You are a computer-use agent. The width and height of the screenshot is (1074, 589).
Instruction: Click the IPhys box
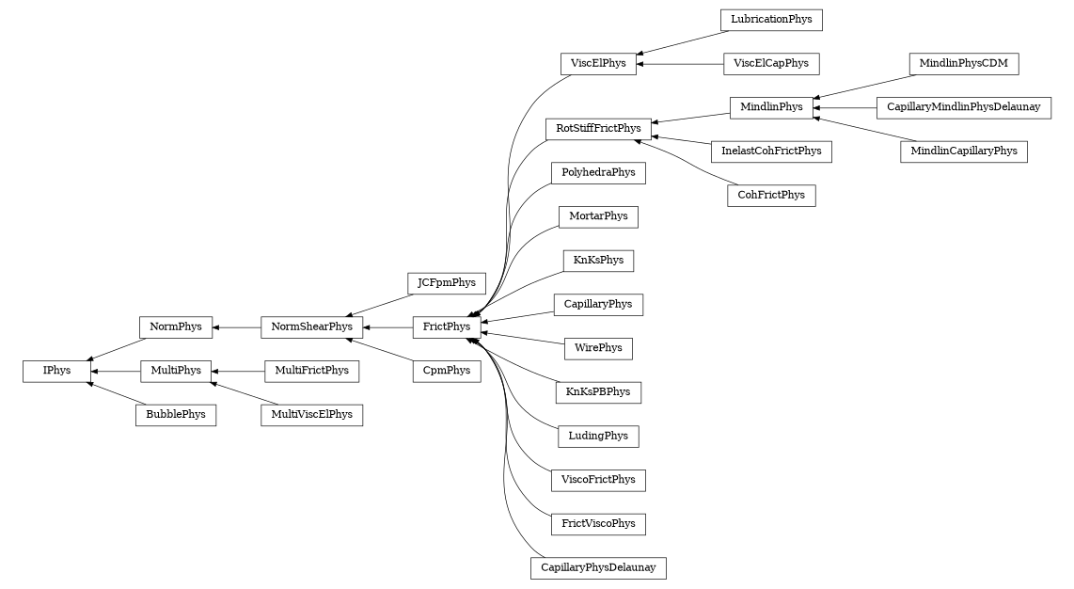pos(56,371)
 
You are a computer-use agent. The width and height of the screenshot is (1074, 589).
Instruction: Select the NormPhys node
pos(176,326)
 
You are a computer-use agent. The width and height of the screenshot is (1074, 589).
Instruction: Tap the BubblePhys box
pos(176,415)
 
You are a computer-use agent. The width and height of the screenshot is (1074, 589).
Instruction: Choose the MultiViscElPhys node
pos(311,415)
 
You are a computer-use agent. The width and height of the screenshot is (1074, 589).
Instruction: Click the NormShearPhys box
pos(311,326)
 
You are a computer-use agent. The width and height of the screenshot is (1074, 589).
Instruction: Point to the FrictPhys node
pos(447,326)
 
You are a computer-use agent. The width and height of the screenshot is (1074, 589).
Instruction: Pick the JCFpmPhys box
pos(447,282)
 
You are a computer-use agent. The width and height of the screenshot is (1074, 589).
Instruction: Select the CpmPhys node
pos(447,371)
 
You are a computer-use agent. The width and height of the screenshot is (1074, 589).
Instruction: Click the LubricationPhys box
pos(771,20)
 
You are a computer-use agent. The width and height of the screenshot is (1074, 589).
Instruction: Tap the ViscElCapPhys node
pos(771,64)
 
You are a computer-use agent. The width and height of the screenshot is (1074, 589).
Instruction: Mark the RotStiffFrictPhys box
pos(598,128)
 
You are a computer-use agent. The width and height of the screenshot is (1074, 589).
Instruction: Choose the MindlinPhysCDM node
pos(963,64)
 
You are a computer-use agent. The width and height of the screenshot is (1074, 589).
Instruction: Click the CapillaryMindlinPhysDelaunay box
pos(963,107)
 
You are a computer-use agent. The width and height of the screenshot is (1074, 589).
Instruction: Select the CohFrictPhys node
pos(771,196)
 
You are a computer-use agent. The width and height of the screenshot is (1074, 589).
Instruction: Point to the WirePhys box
pos(598,348)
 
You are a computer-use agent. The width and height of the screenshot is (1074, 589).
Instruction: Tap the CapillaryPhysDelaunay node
pos(598,568)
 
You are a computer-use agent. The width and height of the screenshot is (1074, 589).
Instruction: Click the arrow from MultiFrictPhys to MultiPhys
pos(238,371)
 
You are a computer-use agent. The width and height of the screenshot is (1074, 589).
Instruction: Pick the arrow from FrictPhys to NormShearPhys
pos(387,326)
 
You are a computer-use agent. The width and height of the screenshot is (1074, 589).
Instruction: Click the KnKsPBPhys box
pos(598,392)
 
